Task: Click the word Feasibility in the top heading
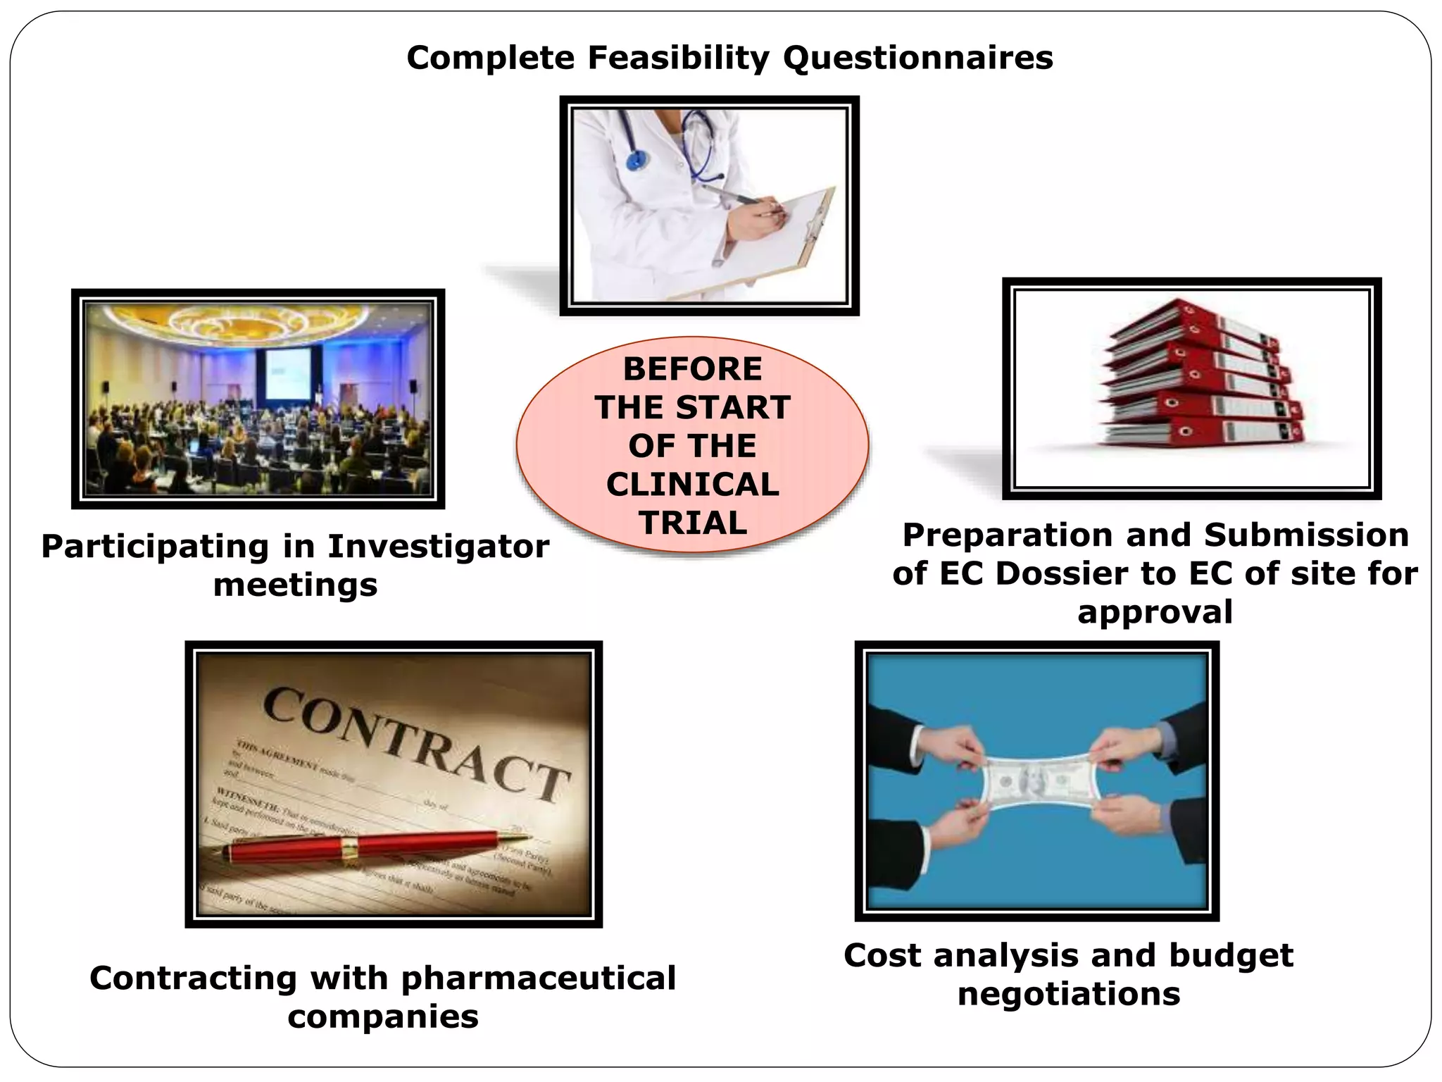678,58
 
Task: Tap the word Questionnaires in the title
917,58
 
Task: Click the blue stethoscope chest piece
636,160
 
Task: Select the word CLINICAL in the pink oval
692,485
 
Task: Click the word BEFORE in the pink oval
692,369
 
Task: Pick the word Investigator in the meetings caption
438,547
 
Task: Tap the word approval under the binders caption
1155,611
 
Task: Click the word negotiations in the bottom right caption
1068,994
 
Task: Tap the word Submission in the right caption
1306,535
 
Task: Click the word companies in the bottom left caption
383,1016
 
